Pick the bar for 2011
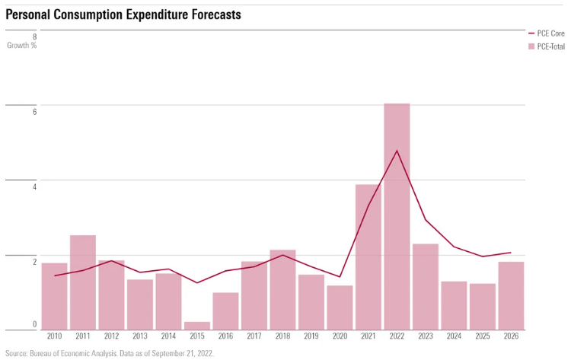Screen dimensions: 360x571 (x=83, y=282)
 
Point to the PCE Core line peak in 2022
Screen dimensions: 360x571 (x=397, y=151)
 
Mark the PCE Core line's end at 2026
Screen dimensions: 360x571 (x=511, y=253)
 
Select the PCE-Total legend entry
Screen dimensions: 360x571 (x=546, y=46)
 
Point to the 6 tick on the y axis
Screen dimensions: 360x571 (x=33, y=112)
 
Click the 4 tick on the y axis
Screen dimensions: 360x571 (x=33, y=186)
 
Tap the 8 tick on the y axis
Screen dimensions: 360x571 (x=33, y=37)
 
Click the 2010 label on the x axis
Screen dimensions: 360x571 (x=54, y=336)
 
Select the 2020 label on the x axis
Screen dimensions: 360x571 (x=340, y=336)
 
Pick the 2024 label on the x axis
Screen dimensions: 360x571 (x=454, y=336)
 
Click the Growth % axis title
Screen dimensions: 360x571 (x=22, y=46)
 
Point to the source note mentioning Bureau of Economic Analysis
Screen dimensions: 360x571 (x=110, y=353)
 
